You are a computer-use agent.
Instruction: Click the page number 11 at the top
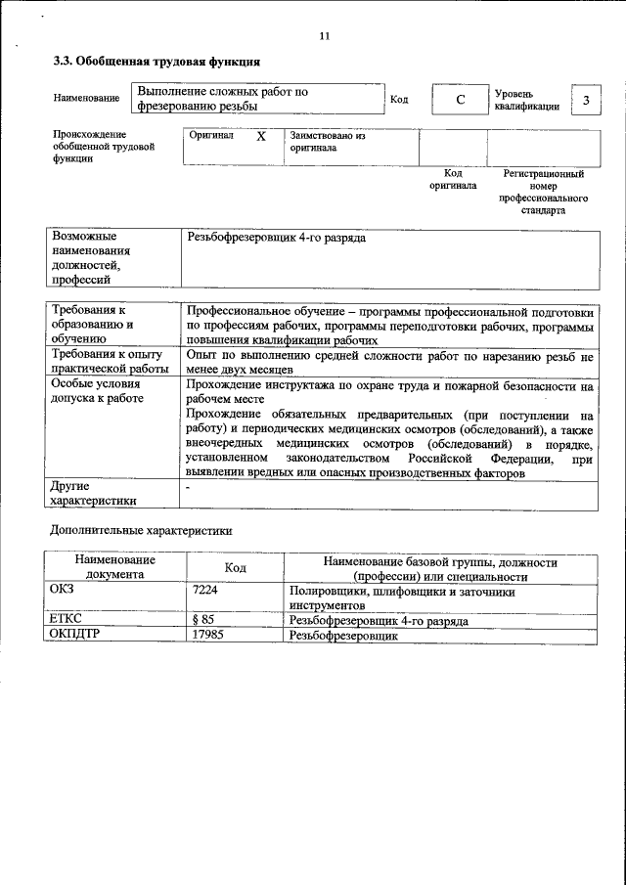[325, 36]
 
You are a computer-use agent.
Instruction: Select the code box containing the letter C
[459, 100]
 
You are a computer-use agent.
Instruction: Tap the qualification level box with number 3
[585, 100]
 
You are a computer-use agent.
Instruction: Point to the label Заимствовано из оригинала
[326, 143]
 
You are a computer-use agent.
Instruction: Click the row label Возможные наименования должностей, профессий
[91, 258]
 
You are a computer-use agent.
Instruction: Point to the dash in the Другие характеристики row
[188, 486]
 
